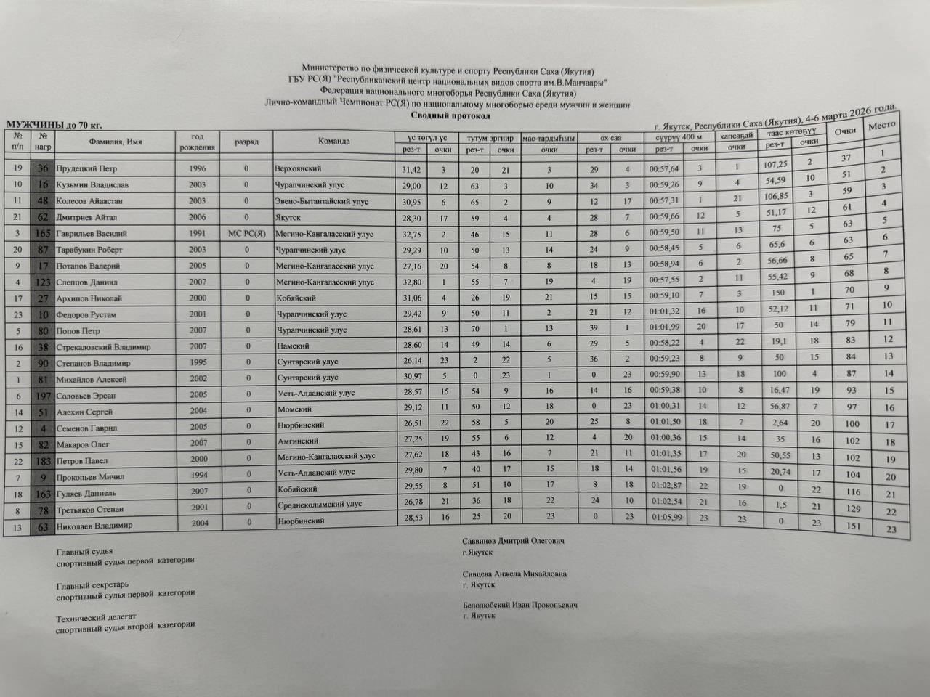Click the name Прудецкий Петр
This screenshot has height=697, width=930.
pyautogui.click(x=86, y=168)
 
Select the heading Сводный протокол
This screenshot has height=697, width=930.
pyautogui.click(x=450, y=115)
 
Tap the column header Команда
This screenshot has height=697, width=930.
pyautogui.click(x=333, y=142)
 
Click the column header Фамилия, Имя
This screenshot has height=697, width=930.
pyautogui.click(x=115, y=142)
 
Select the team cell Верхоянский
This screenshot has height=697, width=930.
pyautogui.click(x=298, y=168)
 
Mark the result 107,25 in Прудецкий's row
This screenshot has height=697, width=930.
pyautogui.click(x=776, y=164)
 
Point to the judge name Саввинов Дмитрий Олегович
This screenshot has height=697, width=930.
pyautogui.click(x=513, y=541)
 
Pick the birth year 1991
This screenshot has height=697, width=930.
pyautogui.click(x=197, y=234)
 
